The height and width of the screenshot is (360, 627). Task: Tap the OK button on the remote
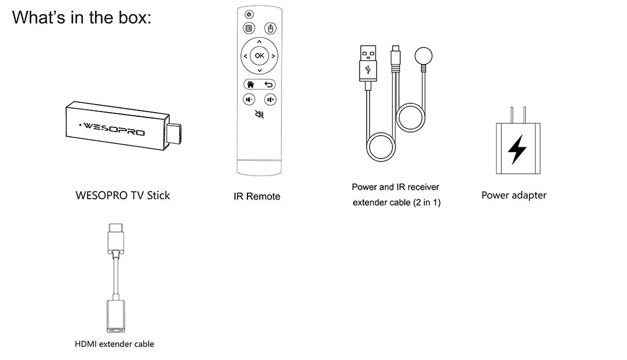(259, 56)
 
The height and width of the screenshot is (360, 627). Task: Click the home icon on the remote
(250, 84)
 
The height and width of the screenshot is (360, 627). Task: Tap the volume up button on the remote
(270, 99)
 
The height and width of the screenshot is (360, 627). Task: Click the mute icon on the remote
(259, 115)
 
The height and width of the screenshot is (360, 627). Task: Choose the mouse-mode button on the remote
(270, 28)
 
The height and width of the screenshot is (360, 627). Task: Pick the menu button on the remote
(249, 28)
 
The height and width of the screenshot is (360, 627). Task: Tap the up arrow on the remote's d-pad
(259, 42)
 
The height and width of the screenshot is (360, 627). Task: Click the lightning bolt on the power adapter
(517, 149)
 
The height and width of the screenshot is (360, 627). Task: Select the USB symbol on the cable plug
(368, 69)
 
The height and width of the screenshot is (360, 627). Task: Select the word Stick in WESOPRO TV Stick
(156, 196)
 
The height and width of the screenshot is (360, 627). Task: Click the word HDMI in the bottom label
(86, 344)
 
